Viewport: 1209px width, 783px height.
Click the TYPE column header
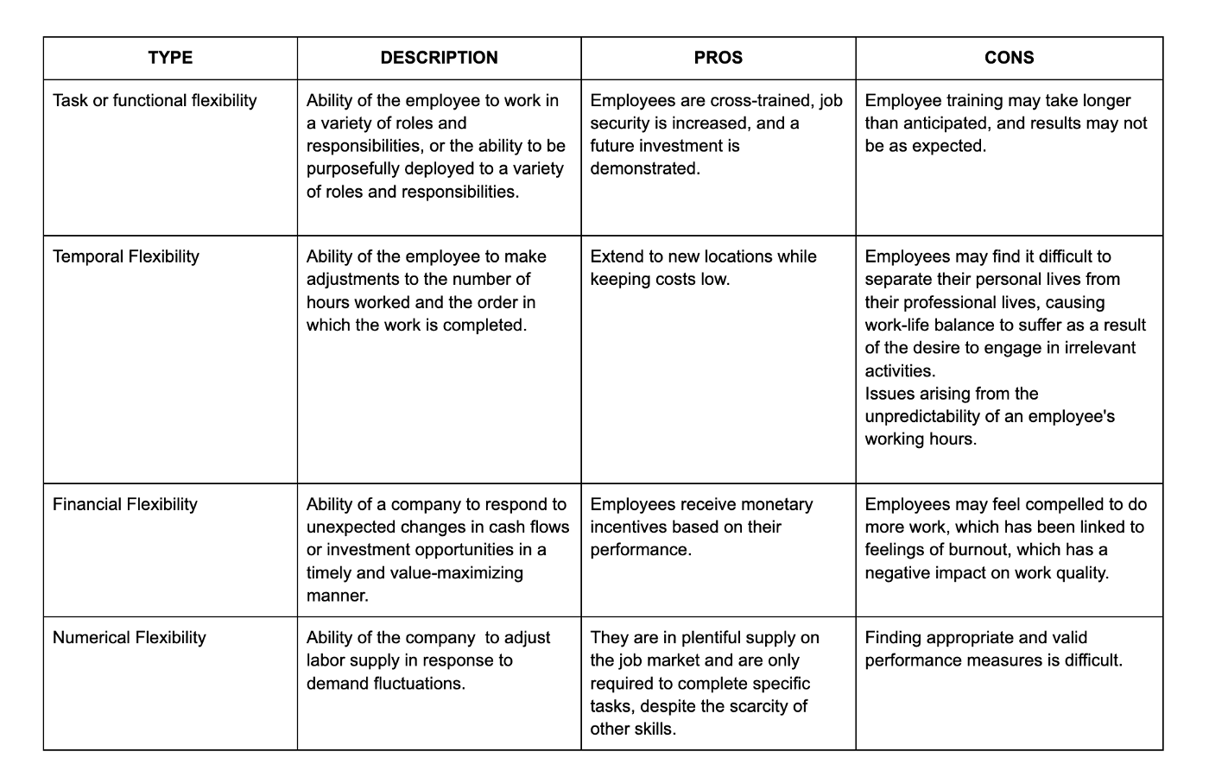pos(170,58)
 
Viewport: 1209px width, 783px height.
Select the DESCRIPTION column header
pos(439,58)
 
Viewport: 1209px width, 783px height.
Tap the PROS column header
pos(718,58)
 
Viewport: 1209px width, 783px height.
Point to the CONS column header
pos(1009,58)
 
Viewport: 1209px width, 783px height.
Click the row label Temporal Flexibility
pos(126,256)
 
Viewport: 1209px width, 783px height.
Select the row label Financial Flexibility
pos(125,504)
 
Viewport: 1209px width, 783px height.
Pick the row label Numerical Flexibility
pos(130,638)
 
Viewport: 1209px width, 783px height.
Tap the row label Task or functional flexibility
pos(155,101)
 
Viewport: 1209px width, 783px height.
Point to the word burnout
pos(983,550)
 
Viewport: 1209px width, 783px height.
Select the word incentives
pos(628,527)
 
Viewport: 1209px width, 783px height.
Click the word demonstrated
pos(645,169)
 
